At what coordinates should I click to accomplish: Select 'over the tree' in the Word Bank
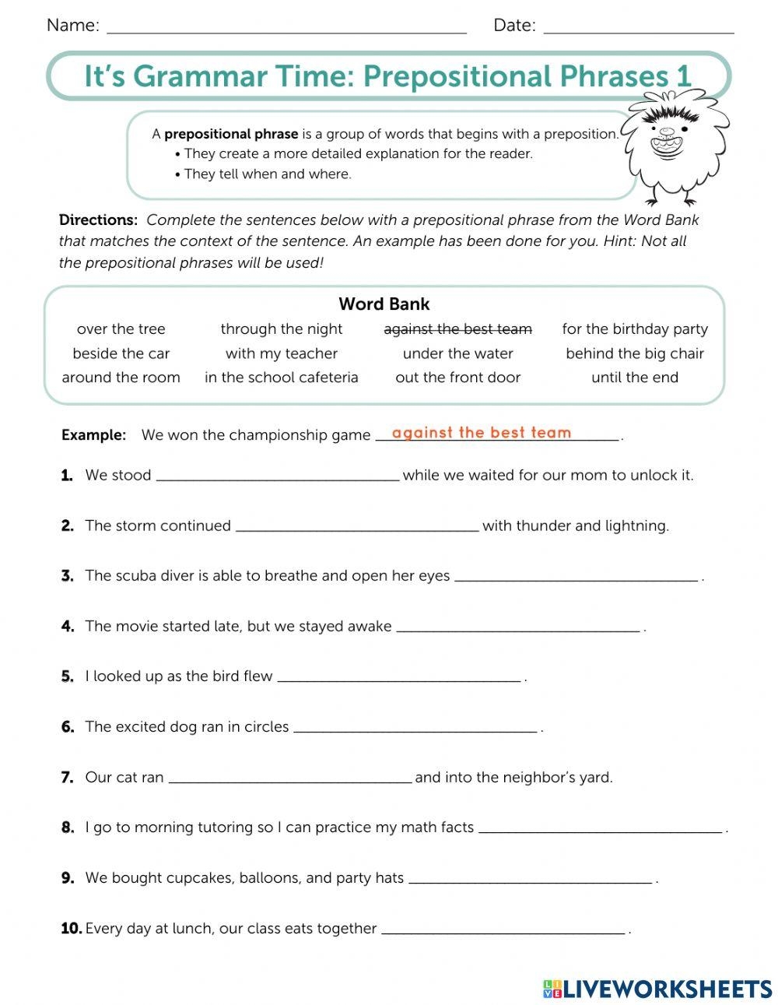pyautogui.click(x=121, y=329)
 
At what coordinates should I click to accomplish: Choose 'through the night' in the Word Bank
pyautogui.click(x=282, y=329)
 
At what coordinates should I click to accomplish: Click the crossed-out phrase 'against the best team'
pyautogui.click(x=457, y=329)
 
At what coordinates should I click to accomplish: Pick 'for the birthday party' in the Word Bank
pyautogui.click(x=635, y=329)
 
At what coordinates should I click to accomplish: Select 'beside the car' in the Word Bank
pyautogui.click(x=121, y=353)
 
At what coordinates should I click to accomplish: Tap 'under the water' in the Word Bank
pyautogui.click(x=457, y=353)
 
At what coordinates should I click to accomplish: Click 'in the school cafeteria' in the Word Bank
pyautogui.click(x=282, y=378)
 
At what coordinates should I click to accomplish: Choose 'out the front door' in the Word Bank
pyautogui.click(x=457, y=378)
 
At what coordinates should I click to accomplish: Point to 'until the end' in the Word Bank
pyautogui.click(x=635, y=378)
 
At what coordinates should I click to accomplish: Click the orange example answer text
pyautogui.click(x=482, y=433)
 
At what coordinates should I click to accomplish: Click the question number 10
pyautogui.click(x=71, y=928)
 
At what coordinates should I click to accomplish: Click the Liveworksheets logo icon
pyautogui.click(x=552, y=989)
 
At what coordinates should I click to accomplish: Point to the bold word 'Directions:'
pyautogui.click(x=98, y=220)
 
